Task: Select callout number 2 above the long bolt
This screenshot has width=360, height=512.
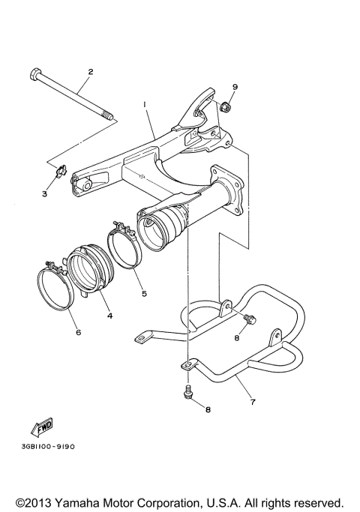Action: click(x=90, y=72)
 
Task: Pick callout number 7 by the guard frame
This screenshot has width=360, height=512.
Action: click(x=253, y=402)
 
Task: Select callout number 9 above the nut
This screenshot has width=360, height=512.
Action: click(x=234, y=87)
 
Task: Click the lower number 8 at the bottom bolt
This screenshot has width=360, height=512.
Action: click(x=208, y=409)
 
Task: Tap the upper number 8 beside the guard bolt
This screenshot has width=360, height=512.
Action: click(x=236, y=337)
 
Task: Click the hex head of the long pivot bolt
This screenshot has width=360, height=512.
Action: click(x=35, y=75)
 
